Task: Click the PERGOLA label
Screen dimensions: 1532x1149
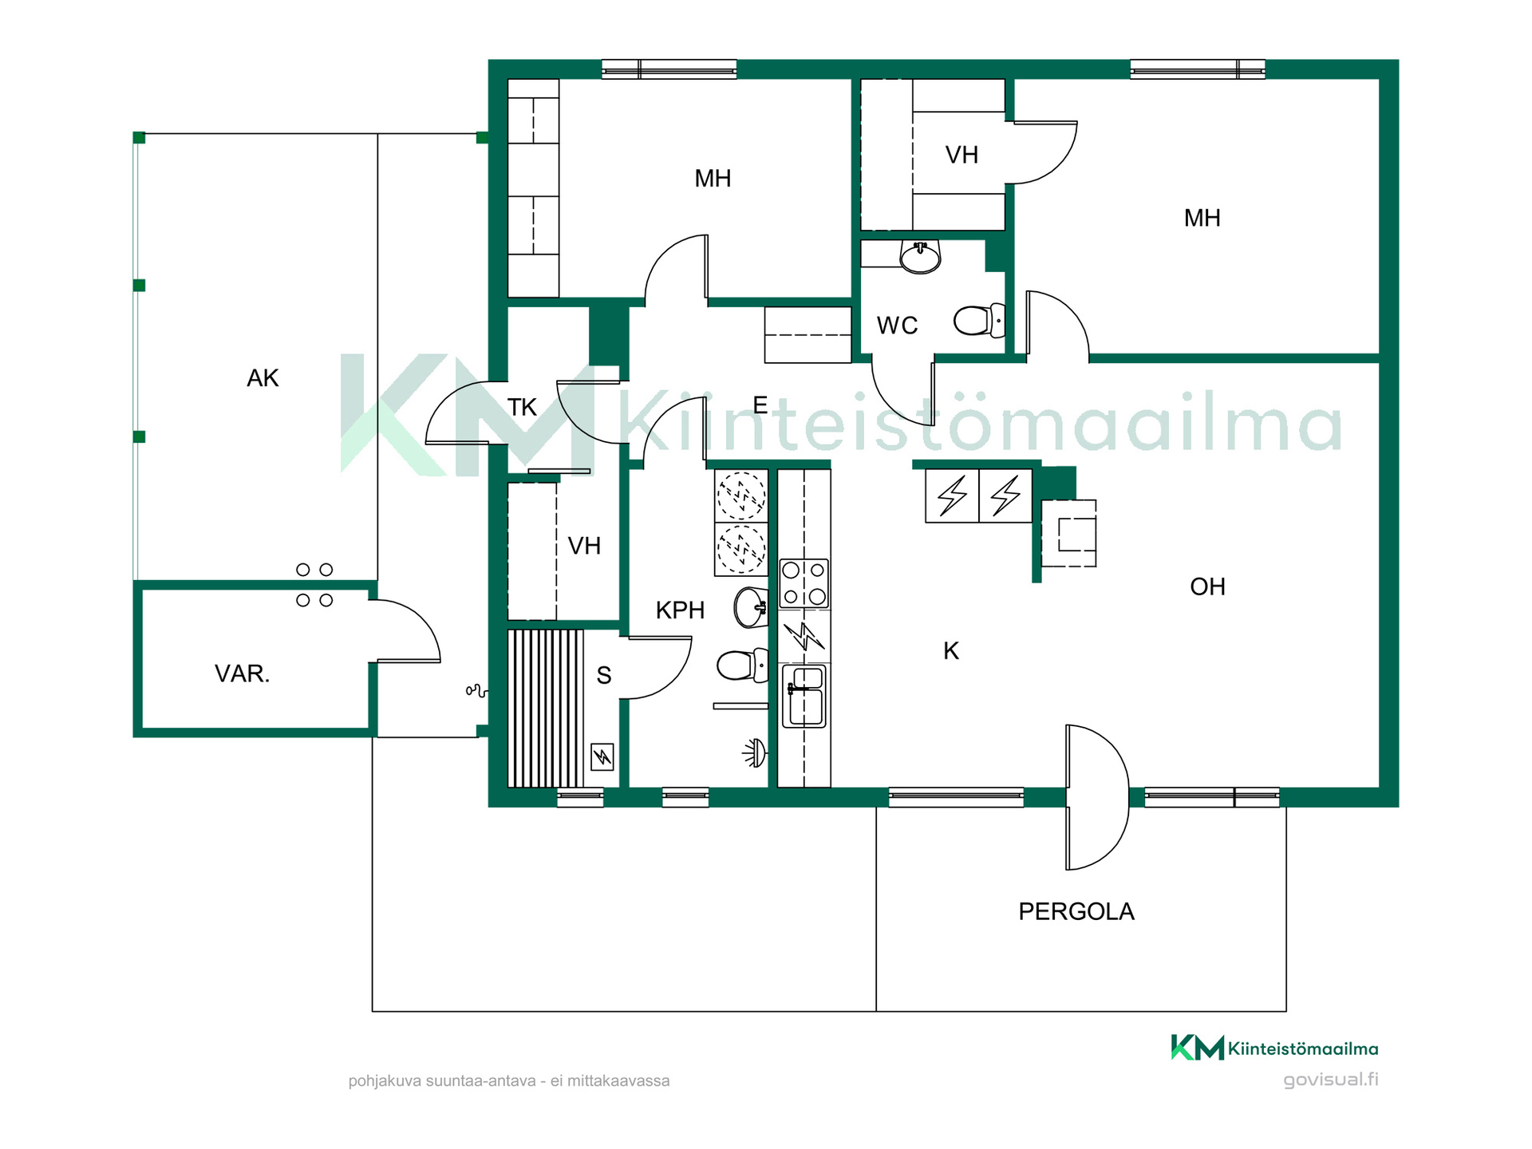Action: [x=1076, y=911]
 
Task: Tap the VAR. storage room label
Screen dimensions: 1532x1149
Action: [x=242, y=673]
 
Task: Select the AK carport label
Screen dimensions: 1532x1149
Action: [x=263, y=378]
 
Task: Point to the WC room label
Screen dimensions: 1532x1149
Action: [x=897, y=326]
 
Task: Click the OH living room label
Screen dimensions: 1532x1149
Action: [x=1207, y=587]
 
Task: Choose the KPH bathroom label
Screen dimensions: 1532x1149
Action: [x=680, y=610]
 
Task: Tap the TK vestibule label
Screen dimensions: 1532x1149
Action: [x=522, y=408]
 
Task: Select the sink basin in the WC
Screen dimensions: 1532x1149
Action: [x=920, y=257]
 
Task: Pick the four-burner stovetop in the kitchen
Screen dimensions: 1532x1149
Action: [x=804, y=583]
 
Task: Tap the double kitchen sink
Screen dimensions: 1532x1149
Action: [x=804, y=697]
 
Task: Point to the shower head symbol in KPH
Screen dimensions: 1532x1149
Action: [x=755, y=752]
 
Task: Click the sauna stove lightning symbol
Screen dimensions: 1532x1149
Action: [x=602, y=756]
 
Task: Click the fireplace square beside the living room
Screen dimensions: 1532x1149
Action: [x=1069, y=534]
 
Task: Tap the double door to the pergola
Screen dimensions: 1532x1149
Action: [x=1097, y=797]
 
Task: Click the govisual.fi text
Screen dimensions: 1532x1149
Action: [x=1331, y=1080]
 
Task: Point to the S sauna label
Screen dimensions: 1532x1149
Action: [x=604, y=676]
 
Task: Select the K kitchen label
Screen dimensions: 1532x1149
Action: [x=951, y=651]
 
